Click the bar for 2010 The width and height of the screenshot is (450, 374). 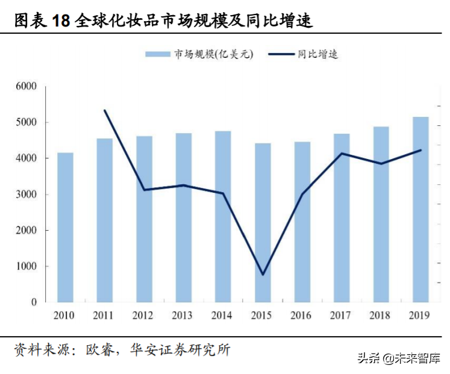tap(65, 227)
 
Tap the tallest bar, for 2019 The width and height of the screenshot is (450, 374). tap(420, 209)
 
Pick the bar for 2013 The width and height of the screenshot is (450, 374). tap(183, 217)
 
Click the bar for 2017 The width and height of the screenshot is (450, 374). tap(342, 217)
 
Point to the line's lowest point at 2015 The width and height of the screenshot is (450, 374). tap(263, 275)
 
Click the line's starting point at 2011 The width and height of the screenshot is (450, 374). tap(105, 110)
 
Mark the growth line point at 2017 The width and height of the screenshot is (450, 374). tap(342, 154)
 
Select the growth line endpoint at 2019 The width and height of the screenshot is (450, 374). tap(420, 150)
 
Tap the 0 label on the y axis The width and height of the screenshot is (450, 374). tap(34, 302)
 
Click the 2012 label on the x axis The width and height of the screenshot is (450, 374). tap(144, 316)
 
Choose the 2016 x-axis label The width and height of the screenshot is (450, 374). tap(302, 316)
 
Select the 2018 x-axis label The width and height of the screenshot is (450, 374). tap(381, 316)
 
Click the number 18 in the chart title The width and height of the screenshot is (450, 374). tap(61, 22)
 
